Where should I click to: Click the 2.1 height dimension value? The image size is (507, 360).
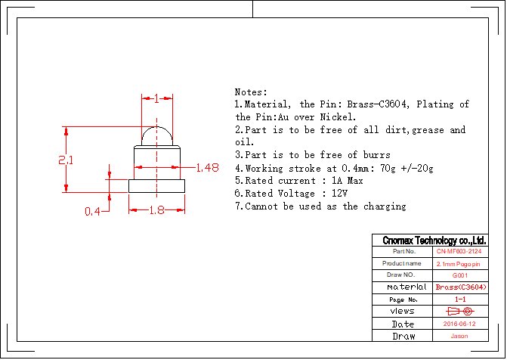[x=66, y=160]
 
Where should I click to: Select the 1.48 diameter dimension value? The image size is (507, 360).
[x=206, y=167]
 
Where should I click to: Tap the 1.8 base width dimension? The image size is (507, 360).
[x=156, y=211]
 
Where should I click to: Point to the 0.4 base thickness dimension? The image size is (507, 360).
[x=92, y=211]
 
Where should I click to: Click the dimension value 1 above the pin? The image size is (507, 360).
[x=156, y=98]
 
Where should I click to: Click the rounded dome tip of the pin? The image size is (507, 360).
[x=156, y=136]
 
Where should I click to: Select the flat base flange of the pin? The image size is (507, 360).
[x=156, y=185]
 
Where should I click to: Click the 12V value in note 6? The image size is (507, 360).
[x=339, y=194]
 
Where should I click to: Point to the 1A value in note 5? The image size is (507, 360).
[x=339, y=181]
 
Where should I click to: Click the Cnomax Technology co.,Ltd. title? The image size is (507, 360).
[x=433, y=240]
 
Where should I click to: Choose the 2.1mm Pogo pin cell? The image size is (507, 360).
[x=459, y=263]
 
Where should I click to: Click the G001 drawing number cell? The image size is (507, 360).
[x=459, y=275]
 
